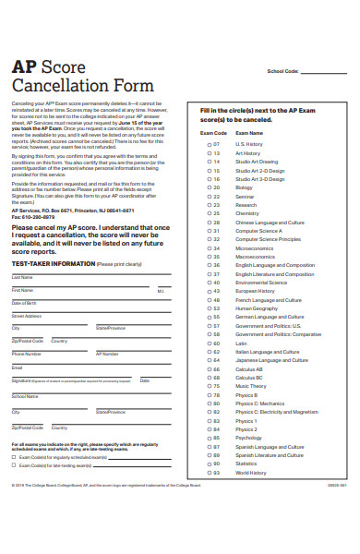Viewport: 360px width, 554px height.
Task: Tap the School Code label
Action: [282, 71]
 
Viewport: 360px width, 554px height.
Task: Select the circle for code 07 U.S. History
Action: [209, 144]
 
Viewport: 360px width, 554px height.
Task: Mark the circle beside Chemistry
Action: [209, 213]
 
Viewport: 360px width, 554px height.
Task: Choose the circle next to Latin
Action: [209, 343]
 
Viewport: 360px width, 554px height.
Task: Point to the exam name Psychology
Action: [248, 439]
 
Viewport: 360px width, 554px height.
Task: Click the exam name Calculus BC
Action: [249, 378]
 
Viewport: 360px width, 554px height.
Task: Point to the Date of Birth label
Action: [25, 303]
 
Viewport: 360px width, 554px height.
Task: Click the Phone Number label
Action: [26, 353]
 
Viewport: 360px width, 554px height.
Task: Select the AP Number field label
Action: [107, 353]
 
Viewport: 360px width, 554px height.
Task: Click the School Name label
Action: [25, 396]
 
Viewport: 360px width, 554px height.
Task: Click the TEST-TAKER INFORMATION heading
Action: [54, 263]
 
